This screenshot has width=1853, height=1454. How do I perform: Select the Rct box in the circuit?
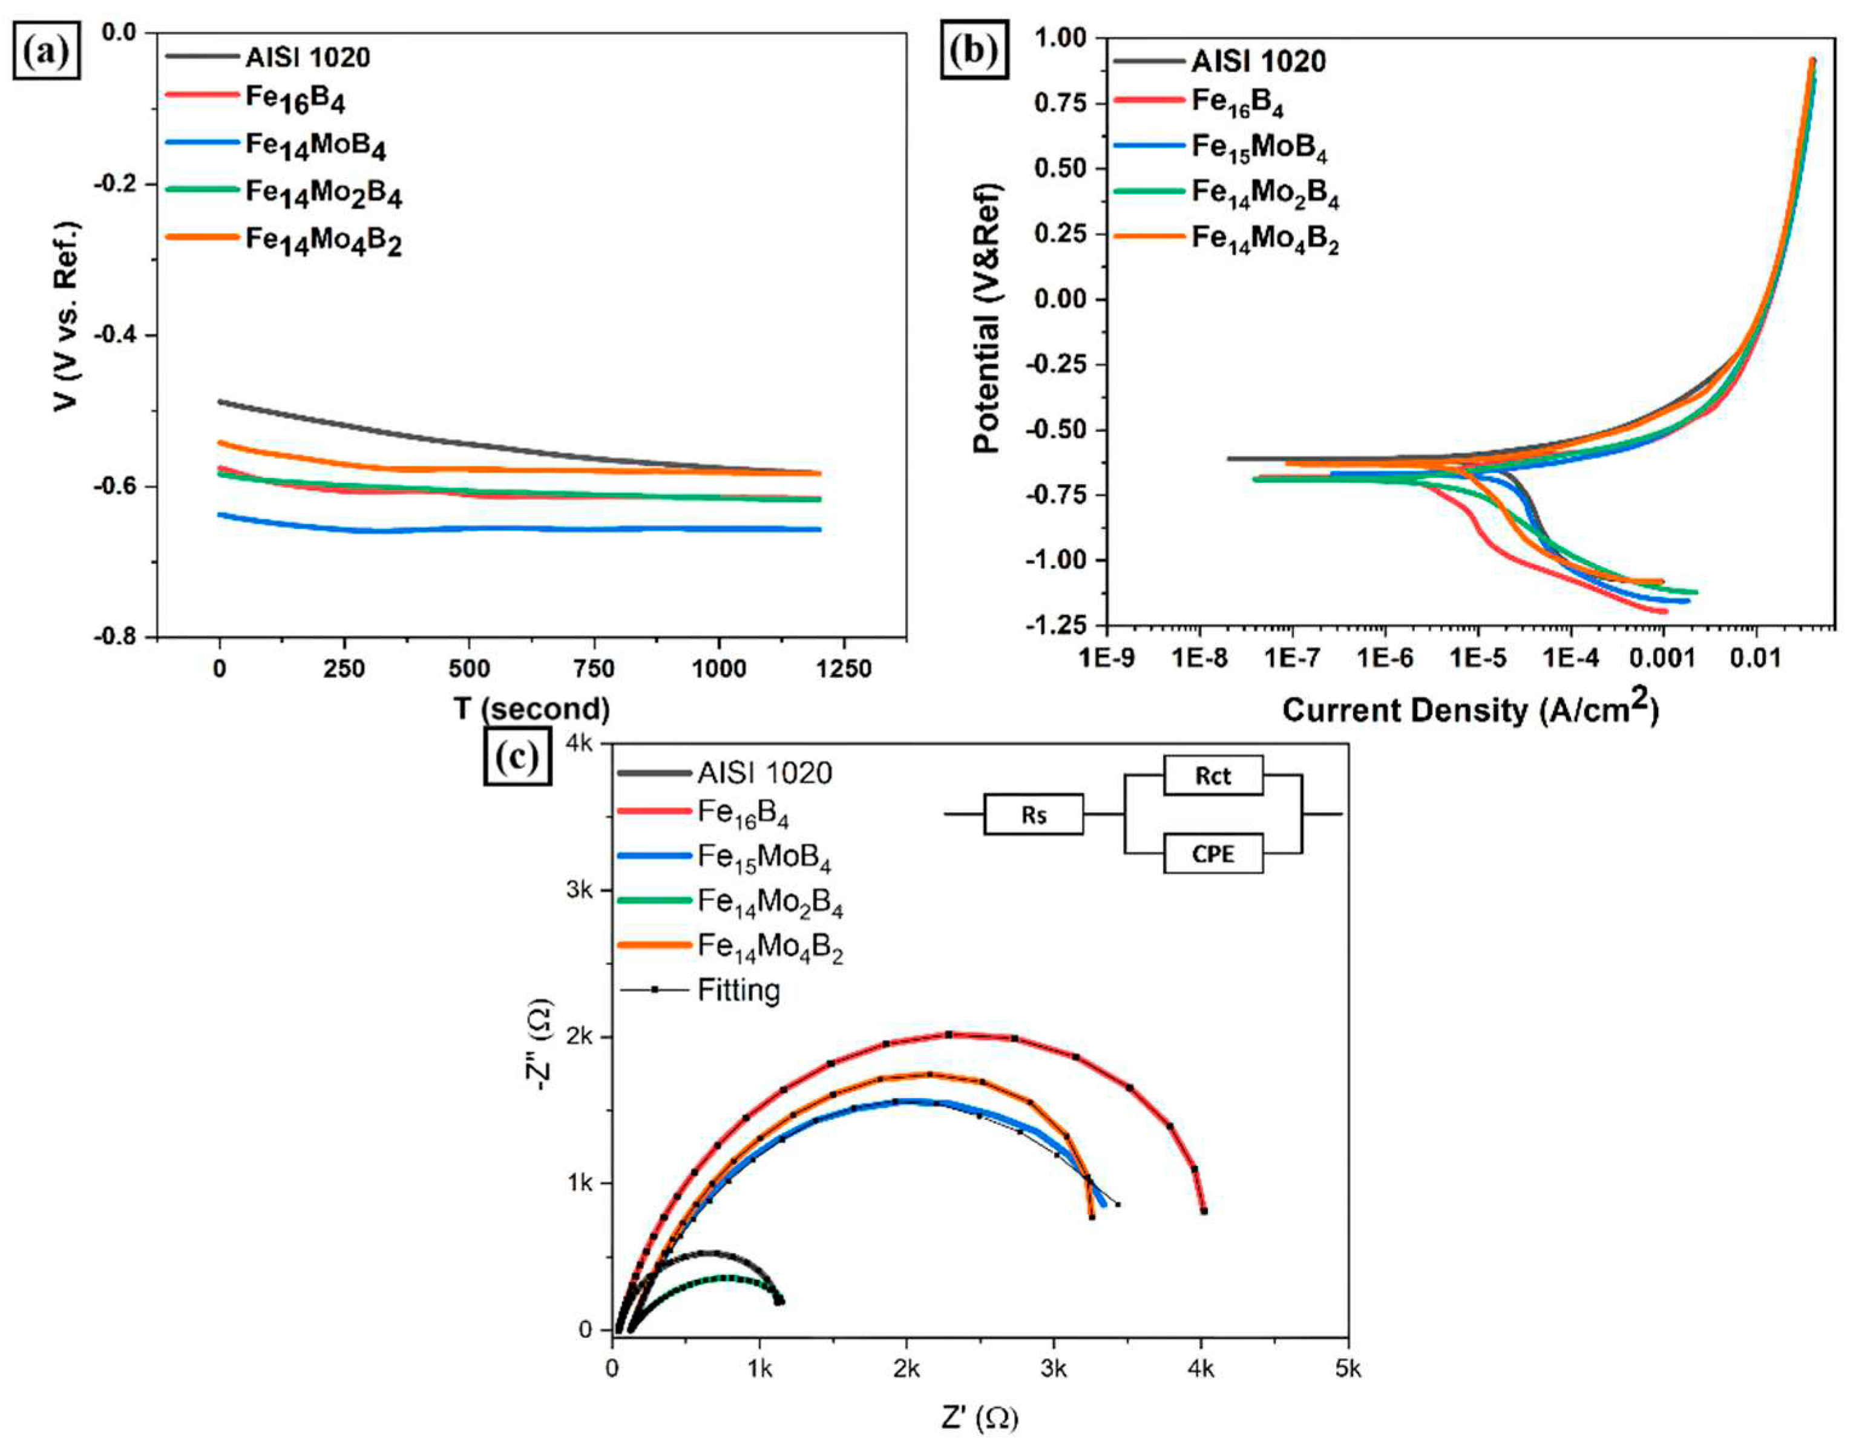pos(1212,776)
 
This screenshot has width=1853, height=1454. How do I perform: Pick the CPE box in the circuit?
pos(1212,853)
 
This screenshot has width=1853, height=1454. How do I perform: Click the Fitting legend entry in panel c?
pos(737,990)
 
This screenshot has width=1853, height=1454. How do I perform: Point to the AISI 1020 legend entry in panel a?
pos(307,58)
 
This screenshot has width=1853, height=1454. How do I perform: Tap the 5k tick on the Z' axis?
pos(1346,1369)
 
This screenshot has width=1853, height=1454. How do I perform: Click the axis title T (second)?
pos(531,709)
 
